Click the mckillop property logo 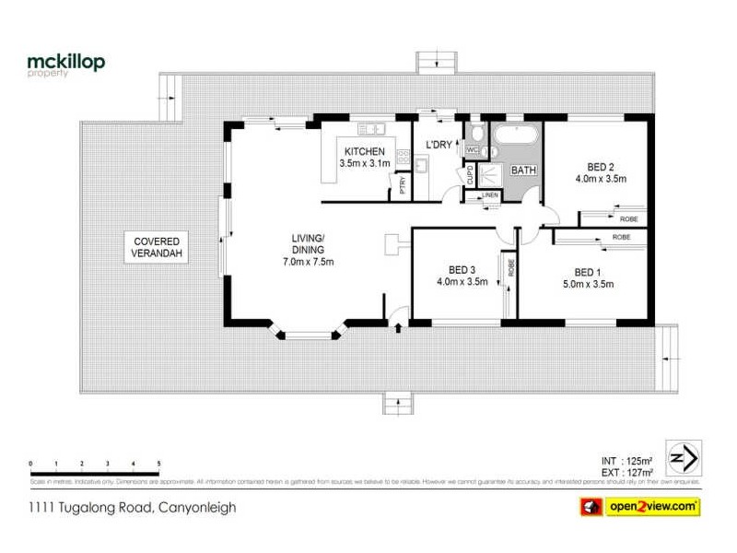65,64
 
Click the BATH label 523,171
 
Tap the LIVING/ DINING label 308,250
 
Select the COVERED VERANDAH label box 156,246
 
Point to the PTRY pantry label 402,185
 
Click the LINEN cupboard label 488,195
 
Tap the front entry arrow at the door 397,327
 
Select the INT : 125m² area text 628,460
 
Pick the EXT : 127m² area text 628,471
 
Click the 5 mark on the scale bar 159,463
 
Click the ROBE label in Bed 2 627,218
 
